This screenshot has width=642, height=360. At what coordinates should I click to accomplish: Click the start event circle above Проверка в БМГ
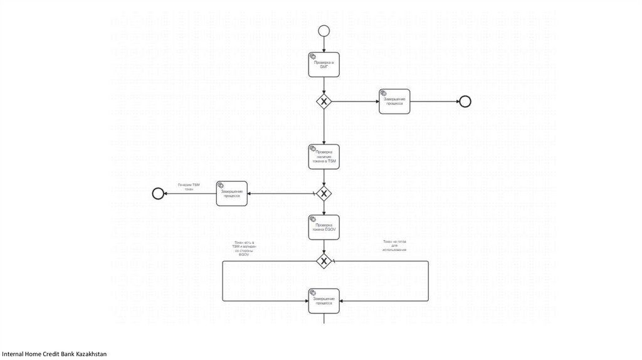click(324, 29)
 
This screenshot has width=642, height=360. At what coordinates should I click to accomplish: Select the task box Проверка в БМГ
click(324, 65)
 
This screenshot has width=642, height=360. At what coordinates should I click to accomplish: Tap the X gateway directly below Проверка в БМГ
click(324, 101)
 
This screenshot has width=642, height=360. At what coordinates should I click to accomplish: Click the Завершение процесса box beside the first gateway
click(394, 102)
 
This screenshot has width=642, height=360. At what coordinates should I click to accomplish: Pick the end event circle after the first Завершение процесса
click(465, 102)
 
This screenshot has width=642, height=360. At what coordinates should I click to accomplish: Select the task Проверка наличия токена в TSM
click(324, 157)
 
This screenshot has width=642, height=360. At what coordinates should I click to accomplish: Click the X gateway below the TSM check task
click(324, 193)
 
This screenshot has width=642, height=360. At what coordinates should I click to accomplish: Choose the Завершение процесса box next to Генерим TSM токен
click(231, 193)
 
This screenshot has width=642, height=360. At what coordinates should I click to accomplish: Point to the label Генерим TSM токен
click(189, 186)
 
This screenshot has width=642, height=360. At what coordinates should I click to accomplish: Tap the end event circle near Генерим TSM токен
click(158, 193)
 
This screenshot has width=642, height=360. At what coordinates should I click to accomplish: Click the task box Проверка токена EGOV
click(324, 228)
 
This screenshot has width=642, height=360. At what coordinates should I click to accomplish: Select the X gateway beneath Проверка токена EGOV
click(324, 261)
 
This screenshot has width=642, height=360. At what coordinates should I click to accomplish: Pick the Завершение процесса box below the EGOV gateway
click(324, 301)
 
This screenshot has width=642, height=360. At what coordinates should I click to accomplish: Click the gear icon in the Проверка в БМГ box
click(313, 56)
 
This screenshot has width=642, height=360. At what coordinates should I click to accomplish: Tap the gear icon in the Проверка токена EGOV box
click(313, 220)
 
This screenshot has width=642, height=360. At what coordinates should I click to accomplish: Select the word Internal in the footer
click(13, 354)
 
